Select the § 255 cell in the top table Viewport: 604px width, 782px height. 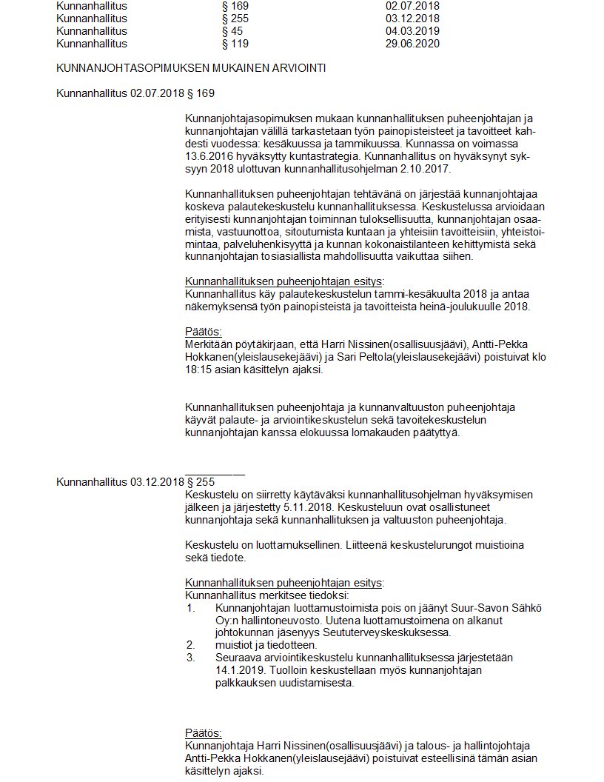(x=235, y=19)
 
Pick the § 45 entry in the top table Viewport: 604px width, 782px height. (x=232, y=31)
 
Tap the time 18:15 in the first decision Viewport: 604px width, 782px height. (x=198, y=369)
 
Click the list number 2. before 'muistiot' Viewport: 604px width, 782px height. (x=190, y=644)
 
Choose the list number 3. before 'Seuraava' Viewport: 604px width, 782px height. (x=190, y=657)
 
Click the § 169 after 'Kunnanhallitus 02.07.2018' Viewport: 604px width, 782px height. (x=201, y=93)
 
